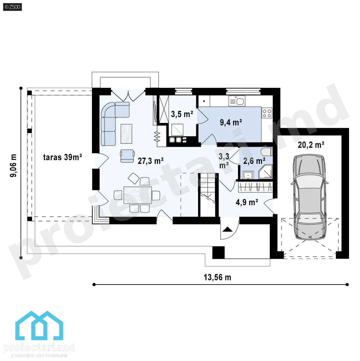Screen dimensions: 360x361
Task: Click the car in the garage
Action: click(x=310, y=197)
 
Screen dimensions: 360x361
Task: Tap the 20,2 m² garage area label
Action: click(x=311, y=145)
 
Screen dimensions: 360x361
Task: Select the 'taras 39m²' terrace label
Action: click(x=62, y=157)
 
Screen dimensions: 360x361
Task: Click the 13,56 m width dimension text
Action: click(x=217, y=277)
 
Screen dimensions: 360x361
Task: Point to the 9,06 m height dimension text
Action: click(x=13, y=165)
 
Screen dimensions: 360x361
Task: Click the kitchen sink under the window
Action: click(x=237, y=101)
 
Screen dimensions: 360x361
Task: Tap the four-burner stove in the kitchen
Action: click(x=267, y=113)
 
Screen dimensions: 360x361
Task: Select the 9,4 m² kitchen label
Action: click(x=231, y=122)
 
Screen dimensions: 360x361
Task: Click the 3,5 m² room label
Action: click(x=182, y=114)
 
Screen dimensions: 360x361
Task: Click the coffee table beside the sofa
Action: click(x=126, y=134)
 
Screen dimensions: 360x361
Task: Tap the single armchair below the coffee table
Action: click(x=127, y=156)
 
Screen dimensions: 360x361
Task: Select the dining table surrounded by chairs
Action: click(x=138, y=195)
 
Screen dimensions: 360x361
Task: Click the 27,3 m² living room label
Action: click(x=151, y=161)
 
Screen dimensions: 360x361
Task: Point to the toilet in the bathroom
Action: click(x=267, y=152)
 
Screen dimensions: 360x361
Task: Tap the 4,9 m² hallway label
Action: click(x=247, y=202)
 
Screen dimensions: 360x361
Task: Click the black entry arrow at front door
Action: click(x=227, y=229)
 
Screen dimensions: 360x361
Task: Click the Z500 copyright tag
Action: click(x=12, y=7)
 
